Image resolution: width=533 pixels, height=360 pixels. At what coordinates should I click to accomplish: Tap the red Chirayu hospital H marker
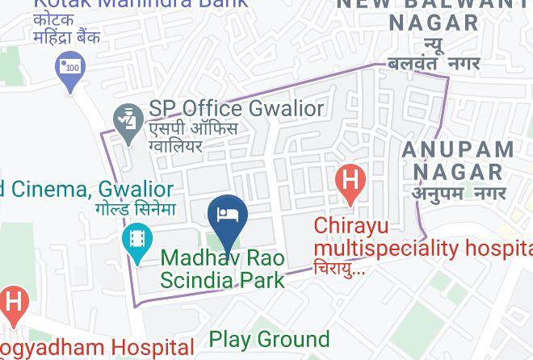click(x=350, y=180)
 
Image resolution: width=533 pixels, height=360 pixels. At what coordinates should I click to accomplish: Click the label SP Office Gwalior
click(x=236, y=108)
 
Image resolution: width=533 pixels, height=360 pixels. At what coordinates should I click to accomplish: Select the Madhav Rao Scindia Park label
click(x=223, y=269)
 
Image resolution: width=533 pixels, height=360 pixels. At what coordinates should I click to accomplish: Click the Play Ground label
click(x=270, y=339)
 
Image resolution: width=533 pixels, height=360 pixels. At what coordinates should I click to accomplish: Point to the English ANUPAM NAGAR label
click(x=458, y=161)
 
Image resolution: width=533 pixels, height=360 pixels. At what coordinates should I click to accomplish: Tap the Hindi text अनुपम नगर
click(x=459, y=193)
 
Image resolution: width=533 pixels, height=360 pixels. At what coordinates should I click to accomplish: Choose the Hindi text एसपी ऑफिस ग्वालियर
click(x=192, y=137)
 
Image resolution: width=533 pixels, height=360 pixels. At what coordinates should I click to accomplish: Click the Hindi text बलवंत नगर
click(x=434, y=62)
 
